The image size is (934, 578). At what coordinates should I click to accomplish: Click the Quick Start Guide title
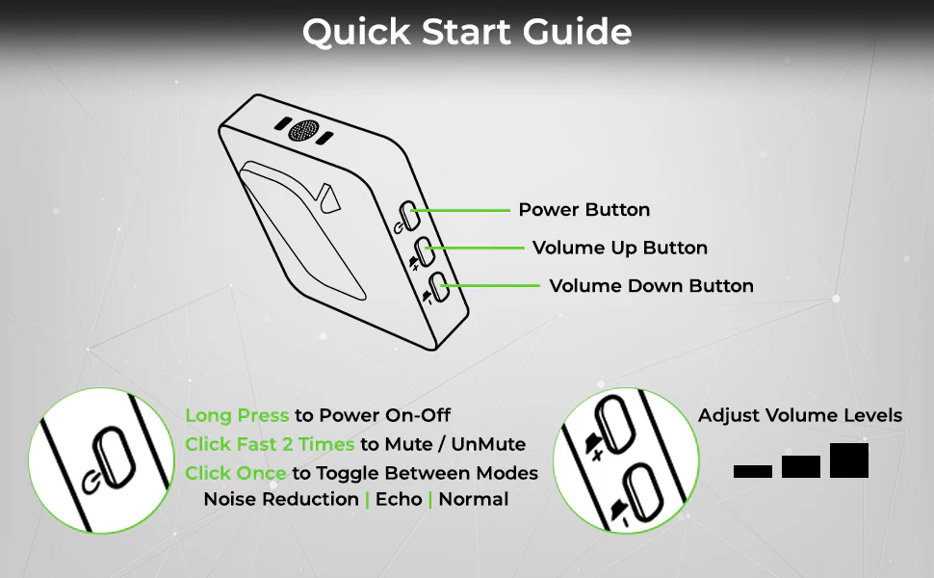(467, 32)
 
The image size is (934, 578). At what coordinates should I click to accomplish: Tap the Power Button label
(584, 210)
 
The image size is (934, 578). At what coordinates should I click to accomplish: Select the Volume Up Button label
(620, 248)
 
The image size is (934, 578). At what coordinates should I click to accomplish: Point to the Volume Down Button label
(651, 286)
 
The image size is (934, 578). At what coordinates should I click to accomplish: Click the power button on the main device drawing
(409, 216)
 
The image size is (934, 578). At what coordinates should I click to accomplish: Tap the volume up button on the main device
(424, 251)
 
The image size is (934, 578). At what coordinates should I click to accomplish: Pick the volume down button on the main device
(439, 287)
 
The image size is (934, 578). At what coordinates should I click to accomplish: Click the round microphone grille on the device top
(303, 131)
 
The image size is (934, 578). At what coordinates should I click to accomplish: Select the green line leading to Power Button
(460, 210)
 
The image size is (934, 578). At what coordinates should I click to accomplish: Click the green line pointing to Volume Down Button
(490, 286)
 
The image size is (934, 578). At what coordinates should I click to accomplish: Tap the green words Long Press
(237, 415)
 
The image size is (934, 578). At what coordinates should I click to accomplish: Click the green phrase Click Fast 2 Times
(270, 444)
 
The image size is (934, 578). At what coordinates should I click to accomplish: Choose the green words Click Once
(235, 473)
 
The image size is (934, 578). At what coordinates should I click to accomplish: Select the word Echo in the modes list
(399, 499)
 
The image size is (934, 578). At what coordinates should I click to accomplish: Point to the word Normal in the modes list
(474, 499)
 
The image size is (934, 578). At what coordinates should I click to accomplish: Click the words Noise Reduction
(281, 499)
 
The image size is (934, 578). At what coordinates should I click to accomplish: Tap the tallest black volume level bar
(849, 460)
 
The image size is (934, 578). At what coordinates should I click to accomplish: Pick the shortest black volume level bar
(753, 471)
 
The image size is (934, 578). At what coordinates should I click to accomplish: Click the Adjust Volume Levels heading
(800, 415)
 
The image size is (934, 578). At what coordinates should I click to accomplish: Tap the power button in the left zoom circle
(114, 458)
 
